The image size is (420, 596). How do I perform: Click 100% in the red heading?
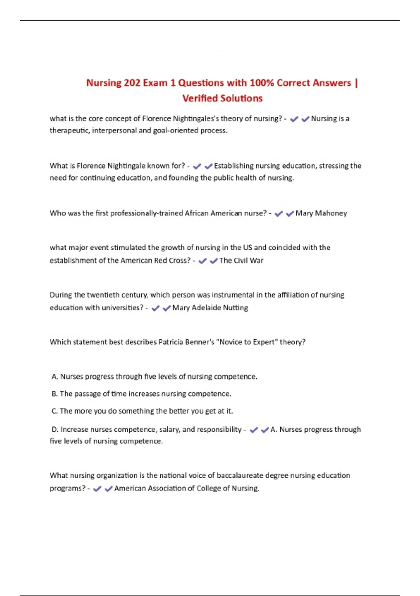coord(262,83)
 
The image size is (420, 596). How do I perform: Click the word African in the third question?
coord(196,214)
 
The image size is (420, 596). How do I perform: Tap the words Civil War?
coord(248,260)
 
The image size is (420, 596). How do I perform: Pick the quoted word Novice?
coord(230,342)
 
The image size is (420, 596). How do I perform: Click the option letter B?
coord(54,394)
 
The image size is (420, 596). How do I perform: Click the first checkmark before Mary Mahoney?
coord(279,214)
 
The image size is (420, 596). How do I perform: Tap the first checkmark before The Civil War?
coord(202,261)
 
